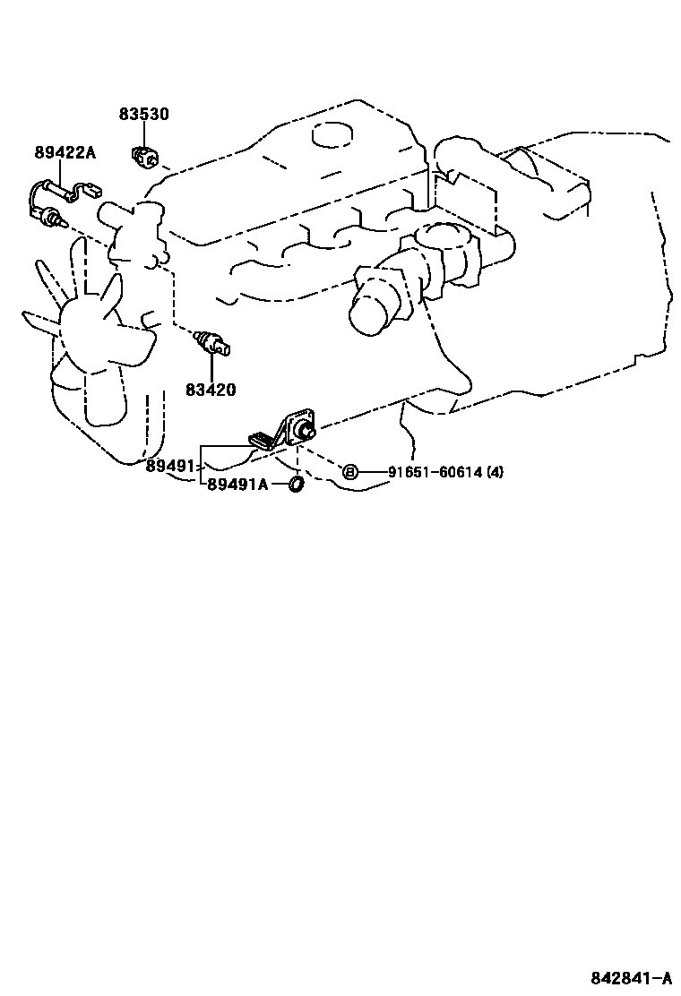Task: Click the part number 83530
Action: click(x=143, y=115)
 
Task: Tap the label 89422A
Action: click(x=65, y=152)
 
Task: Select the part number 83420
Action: click(x=211, y=390)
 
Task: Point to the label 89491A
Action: click(x=237, y=485)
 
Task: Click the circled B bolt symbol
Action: click(x=350, y=472)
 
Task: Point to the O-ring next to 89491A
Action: click(x=295, y=485)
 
